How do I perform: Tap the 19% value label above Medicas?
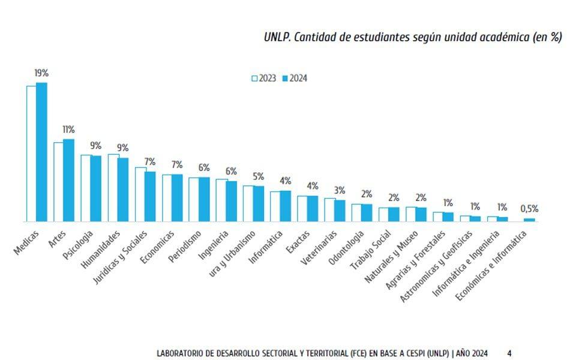coord(41,73)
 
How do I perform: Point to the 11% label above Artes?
coord(68,130)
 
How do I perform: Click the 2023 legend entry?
coord(264,79)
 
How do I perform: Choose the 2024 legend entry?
coord(295,79)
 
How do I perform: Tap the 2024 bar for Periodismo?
coord(204,199)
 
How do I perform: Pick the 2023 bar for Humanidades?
coord(113,188)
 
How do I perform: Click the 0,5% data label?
coord(529,209)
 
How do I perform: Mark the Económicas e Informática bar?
coord(529,220)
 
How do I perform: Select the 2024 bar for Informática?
coord(285,206)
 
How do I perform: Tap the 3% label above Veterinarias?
coord(340,191)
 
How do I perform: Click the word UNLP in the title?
coord(277,37)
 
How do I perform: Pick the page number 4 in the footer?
coord(509,353)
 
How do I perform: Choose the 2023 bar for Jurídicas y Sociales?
coord(140,194)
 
